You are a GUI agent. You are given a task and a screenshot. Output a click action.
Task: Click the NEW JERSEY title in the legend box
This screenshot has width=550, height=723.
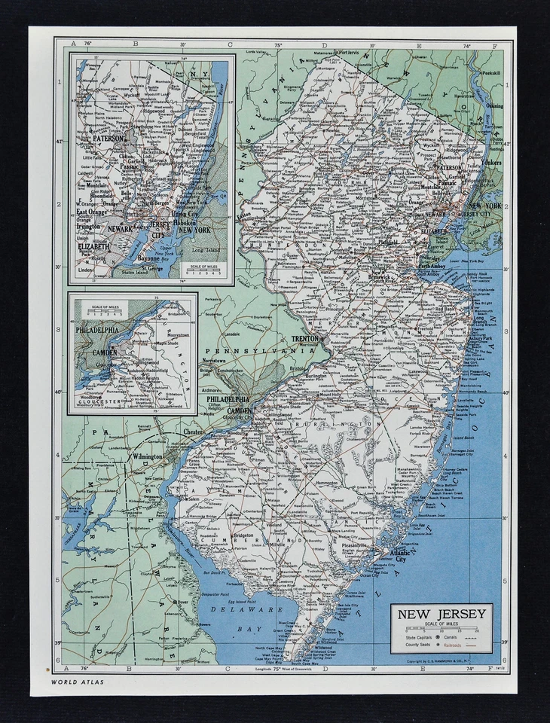[x=442, y=614]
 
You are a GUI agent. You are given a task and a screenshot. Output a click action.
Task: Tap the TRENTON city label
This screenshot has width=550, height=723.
[x=307, y=340]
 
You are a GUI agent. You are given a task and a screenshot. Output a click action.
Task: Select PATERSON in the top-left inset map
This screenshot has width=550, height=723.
[x=108, y=138]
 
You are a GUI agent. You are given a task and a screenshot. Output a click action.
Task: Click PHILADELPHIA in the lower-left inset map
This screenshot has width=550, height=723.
[x=96, y=330]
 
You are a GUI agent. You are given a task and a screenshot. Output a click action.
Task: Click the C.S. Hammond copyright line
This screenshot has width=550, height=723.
[x=445, y=661]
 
